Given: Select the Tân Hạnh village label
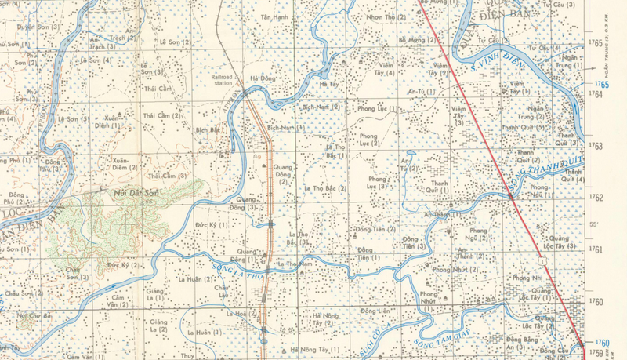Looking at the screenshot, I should (x=275, y=16).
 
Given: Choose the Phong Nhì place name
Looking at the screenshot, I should (x=526, y=278).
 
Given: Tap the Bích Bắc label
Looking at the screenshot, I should (x=208, y=129).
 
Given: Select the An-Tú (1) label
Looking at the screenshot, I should (x=415, y=91).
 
